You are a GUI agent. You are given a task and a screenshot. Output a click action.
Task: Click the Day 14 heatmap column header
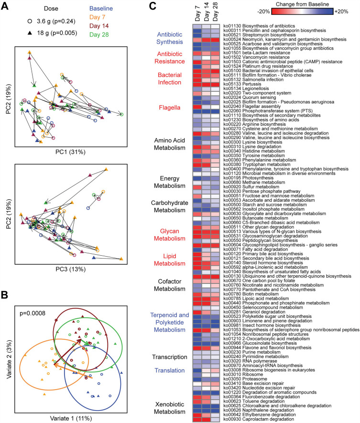(207, 13)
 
